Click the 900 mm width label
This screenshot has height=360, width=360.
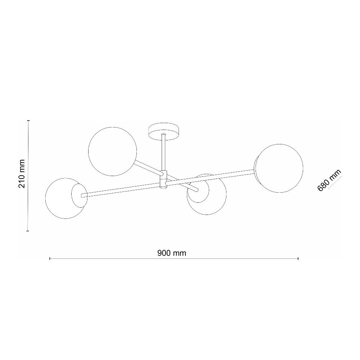point(172,253)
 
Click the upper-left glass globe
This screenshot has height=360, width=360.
point(113,151)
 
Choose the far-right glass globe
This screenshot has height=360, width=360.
point(280,168)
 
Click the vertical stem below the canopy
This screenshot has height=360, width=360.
point(164,151)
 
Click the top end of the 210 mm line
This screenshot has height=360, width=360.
point(28,121)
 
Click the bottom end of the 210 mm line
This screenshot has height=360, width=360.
point(28,231)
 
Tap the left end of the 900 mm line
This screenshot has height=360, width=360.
point(50,258)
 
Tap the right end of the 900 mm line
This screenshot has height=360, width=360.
point(298,258)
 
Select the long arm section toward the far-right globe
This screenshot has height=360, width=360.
point(212,177)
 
